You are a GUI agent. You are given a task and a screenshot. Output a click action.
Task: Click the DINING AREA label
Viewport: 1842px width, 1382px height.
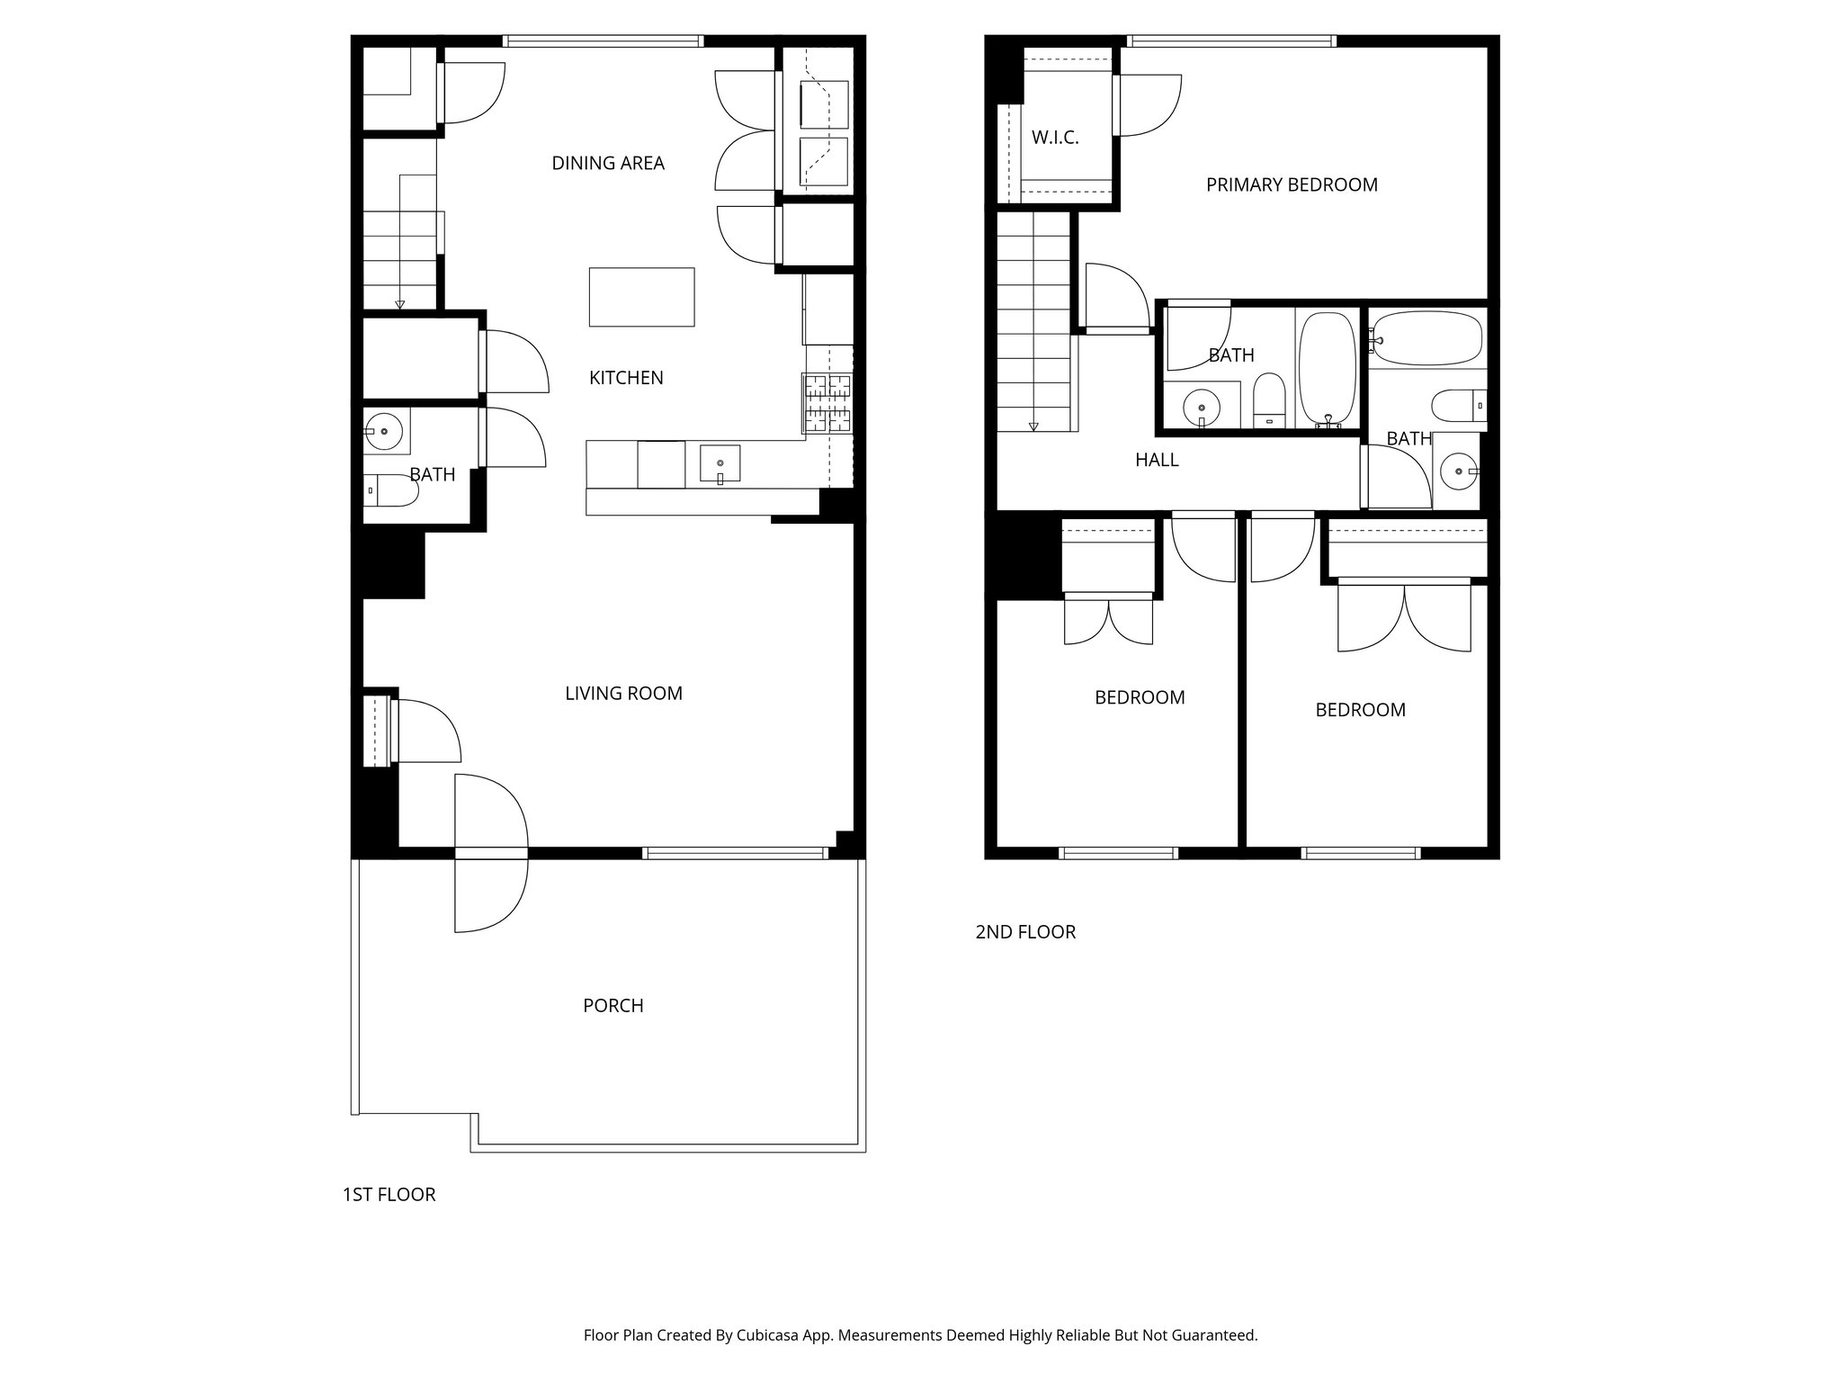coord(608,163)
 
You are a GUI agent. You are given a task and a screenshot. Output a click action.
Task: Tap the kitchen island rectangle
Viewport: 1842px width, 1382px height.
coord(641,297)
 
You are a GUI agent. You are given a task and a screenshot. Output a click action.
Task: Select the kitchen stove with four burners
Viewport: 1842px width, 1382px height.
coord(827,403)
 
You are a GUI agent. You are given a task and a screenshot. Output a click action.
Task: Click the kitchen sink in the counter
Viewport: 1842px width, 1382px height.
coord(720,463)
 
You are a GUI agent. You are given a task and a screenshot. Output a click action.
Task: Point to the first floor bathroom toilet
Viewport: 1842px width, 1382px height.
coord(392,490)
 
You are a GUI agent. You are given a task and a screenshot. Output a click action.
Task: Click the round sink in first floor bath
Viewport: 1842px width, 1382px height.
coord(384,432)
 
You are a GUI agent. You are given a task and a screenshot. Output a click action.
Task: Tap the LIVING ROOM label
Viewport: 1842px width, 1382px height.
coord(623,693)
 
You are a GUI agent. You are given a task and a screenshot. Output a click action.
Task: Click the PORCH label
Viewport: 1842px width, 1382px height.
coord(613,1005)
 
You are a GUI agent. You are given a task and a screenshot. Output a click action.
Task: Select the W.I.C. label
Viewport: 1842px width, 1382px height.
coord(1055,138)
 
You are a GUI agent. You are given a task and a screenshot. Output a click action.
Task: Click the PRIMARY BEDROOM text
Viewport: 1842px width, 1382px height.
coord(1292,184)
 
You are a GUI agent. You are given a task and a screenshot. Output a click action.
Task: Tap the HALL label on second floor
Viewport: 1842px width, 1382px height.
coord(1157,460)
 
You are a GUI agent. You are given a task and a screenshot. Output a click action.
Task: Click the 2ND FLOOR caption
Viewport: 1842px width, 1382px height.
coord(1025,932)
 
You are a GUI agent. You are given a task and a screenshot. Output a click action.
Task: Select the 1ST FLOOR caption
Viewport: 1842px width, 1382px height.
coord(389,1195)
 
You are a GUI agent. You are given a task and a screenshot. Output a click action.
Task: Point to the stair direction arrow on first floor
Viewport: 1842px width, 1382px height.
coord(399,304)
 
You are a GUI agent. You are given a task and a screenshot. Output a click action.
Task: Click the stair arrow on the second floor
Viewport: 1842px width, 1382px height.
coord(1034,426)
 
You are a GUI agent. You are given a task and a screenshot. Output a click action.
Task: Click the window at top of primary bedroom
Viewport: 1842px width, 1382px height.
coord(1230,40)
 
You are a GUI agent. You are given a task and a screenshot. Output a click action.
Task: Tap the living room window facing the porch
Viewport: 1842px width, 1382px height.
coord(735,853)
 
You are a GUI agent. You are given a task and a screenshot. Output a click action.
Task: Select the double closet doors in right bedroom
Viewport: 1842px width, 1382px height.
coord(1404,616)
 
